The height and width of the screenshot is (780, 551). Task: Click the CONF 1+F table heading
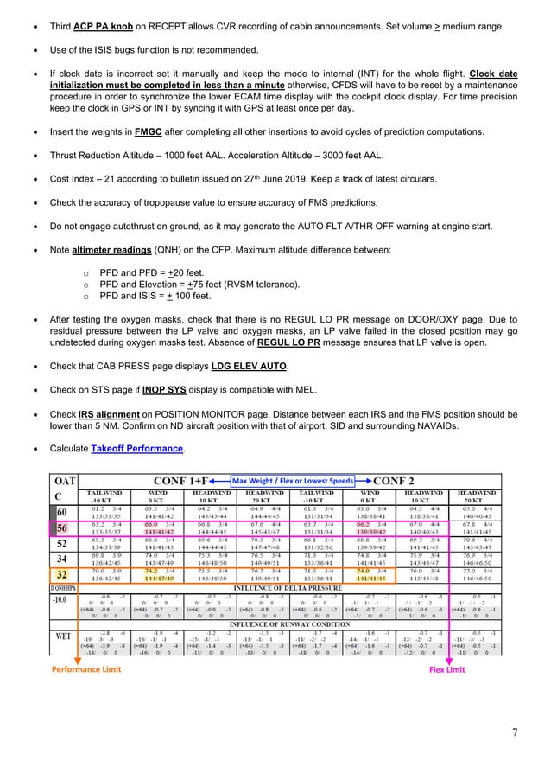point(187,480)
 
